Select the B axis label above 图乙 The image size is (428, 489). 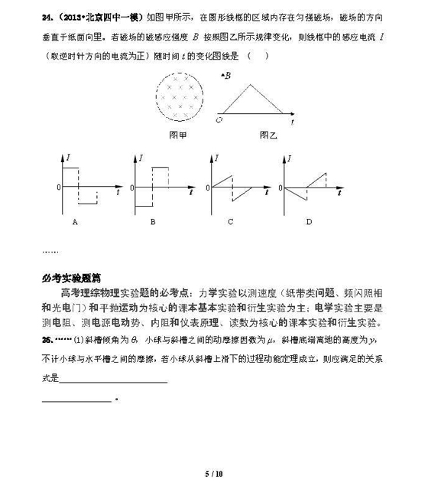[225, 75]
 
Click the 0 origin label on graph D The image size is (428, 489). [282, 187]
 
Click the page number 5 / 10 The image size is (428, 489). [213, 474]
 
